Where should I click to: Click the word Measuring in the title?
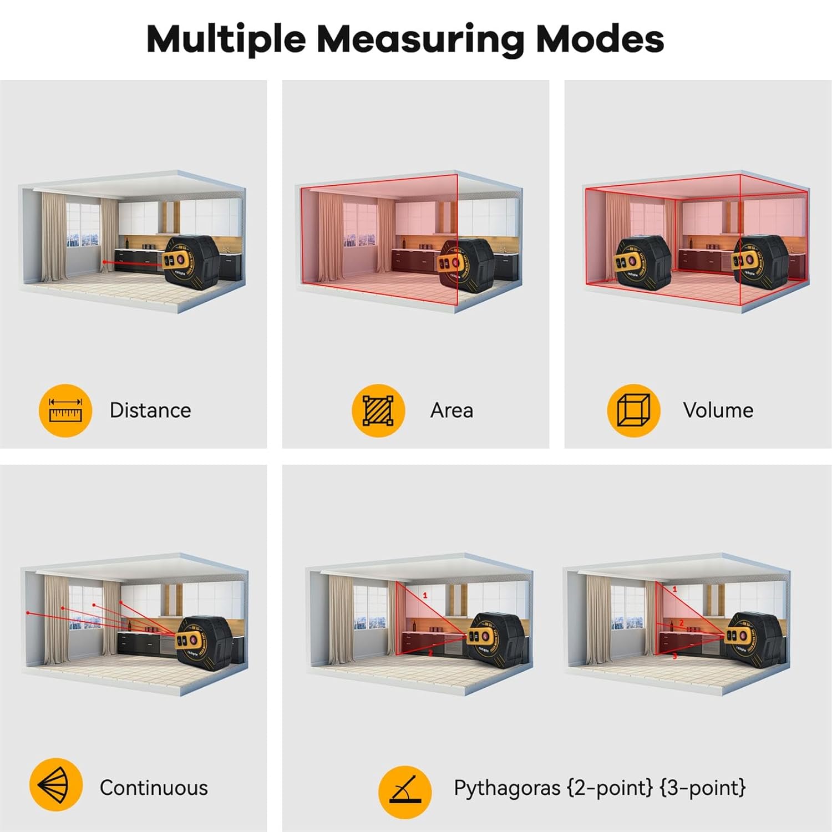pyautogui.click(x=419, y=40)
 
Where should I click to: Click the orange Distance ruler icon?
pyautogui.click(x=65, y=410)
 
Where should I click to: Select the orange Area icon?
pyautogui.click(x=378, y=410)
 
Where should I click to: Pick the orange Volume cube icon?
pyautogui.click(x=633, y=410)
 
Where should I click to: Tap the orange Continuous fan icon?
pyautogui.click(x=55, y=785)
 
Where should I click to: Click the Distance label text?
pyautogui.click(x=150, y=410)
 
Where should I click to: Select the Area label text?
pyautogui.click(x=451, y=410)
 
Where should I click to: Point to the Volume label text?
pyautogui.click(x=718, y=410)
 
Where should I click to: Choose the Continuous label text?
pyautogui.click(x=154, y=788)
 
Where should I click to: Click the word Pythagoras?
pyautogui.click(x=507, y=788)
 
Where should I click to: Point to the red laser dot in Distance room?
pyautogui.click(x=104, y=262)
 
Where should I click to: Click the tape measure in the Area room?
pyautogui.click(x=467, y=264)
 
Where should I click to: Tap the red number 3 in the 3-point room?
pyautogui.click(x=674, y=656)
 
